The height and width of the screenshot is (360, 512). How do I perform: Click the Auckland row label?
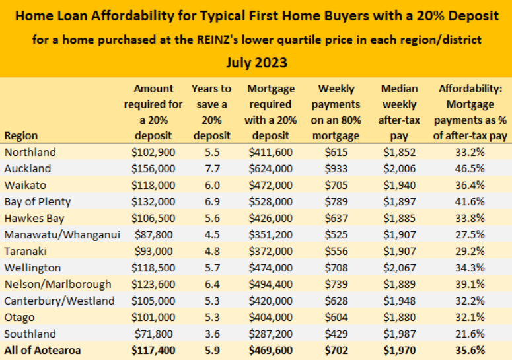point(27,168)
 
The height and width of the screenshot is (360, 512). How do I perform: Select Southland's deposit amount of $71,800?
point(153,334)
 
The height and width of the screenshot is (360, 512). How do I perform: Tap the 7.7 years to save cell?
point(211,168)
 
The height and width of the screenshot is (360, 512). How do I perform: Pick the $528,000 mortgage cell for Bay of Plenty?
point(271,201)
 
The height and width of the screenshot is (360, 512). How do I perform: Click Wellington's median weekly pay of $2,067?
point(399,268)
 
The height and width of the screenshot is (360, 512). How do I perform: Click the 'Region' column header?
point(20,135)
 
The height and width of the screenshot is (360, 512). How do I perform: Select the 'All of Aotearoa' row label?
point(42,351)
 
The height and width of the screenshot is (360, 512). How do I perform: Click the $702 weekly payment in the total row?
point(339,351)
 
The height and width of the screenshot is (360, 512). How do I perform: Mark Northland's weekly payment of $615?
point(339,152)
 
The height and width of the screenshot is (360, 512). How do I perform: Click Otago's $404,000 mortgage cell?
point(271,317)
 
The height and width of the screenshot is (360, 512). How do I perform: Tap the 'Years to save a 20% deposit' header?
point(211,112)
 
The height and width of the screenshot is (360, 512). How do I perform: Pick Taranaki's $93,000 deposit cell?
point(153,251)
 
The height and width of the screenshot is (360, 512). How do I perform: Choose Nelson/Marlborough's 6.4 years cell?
point(211,284)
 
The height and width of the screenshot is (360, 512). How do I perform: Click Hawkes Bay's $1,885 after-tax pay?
point(399,218)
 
